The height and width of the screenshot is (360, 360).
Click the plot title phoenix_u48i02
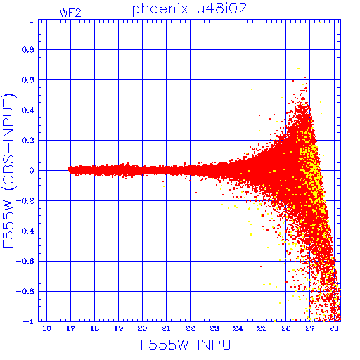(x=190, y=9)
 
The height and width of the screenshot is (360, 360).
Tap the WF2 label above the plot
(x=70, y=13)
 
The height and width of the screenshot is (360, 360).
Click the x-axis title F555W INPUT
(x=190, y=345)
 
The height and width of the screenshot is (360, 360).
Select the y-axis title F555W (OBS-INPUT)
(x=8, y=171)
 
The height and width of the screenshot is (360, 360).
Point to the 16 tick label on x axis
(x=46, y=328)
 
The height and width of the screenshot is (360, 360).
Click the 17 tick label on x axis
(x=70, y=328)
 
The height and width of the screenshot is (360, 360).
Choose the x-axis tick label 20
(x=142, y=328)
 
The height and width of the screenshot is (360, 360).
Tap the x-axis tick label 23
(x=214, y=328)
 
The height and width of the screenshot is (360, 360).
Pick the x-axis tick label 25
(x=262, y=328)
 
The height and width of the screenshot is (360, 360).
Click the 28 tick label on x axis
(x=334, y=328)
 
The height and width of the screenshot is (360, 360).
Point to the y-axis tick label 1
(x=32, y=20)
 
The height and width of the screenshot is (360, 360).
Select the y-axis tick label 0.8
(x=28, y=50)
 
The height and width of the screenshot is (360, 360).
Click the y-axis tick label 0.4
(x=28, y=110)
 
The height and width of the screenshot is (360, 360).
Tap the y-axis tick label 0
(x=32, y=171)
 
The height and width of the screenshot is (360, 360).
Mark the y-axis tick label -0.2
(x=25, y=201)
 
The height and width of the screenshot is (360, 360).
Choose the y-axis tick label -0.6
(x=25, y=261)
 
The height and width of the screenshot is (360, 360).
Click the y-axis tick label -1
(x=29, y=321)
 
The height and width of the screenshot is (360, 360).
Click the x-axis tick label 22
(x=190, y=328)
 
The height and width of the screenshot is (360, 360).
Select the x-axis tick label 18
(x=94, y=328)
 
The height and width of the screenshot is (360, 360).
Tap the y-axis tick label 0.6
(x=28, y=80)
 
